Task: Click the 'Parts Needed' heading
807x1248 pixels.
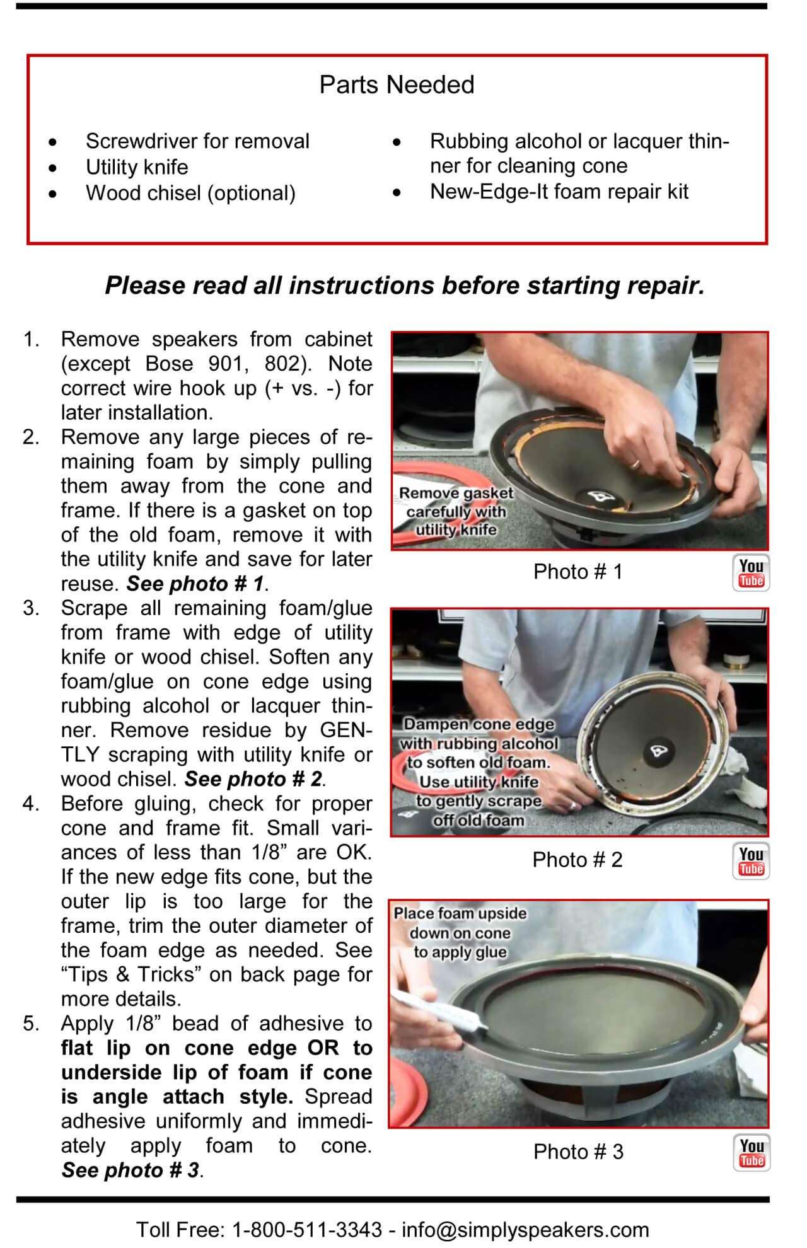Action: coord(397,84)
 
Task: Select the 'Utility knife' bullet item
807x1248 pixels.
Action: coord(137,167)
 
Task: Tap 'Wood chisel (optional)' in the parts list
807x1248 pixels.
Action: coord(190,193)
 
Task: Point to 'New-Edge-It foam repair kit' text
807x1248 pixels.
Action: coord(559,192)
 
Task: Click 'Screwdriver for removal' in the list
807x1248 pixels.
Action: coord(197,141)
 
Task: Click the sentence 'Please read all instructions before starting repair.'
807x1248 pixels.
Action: coord(404,286)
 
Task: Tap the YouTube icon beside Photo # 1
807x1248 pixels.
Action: coord(751,573)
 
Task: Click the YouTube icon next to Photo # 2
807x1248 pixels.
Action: coord(751,861)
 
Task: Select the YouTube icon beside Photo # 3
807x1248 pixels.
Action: coord(751,1153)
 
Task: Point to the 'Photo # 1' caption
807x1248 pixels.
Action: coord(578,572)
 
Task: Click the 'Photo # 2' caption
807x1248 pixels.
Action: coord(577,860)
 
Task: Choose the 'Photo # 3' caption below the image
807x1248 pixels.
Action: coord(578,1152)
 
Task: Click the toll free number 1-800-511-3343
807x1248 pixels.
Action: coord(307,1229)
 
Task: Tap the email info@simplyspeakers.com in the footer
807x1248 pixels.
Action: coord(525,1229)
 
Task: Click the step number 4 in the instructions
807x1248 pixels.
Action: coord(30,804)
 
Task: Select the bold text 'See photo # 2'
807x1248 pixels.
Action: coord(254,780)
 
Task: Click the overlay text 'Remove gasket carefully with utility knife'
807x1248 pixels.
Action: coord(456,511)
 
